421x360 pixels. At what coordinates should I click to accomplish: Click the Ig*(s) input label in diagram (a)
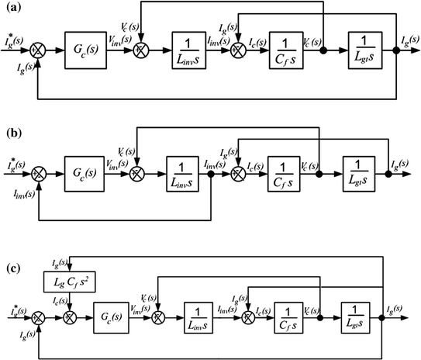click(15, 39)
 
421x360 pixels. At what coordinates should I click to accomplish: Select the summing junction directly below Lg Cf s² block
click(70, 317)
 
